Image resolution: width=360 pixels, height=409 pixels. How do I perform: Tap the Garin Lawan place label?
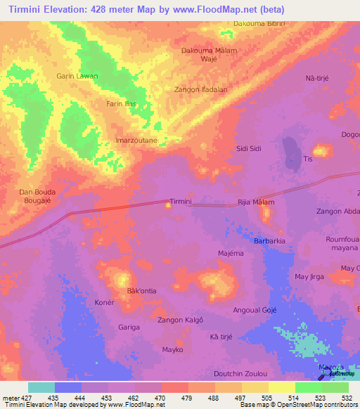(77, 76)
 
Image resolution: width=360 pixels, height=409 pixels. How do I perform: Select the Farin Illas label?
(120, 104)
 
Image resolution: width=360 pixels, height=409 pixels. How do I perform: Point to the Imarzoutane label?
(136, 141)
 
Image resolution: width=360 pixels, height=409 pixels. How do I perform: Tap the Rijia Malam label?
(256, 202)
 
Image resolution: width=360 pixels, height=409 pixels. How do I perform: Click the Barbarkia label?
(270, 240)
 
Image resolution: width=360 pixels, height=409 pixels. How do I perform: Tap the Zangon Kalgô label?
(180, 320)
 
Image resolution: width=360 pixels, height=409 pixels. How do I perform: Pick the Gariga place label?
(129, 327)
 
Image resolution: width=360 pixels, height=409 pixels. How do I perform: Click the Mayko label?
(173, 349)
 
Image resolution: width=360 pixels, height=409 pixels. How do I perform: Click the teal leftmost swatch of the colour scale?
(41, 387)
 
